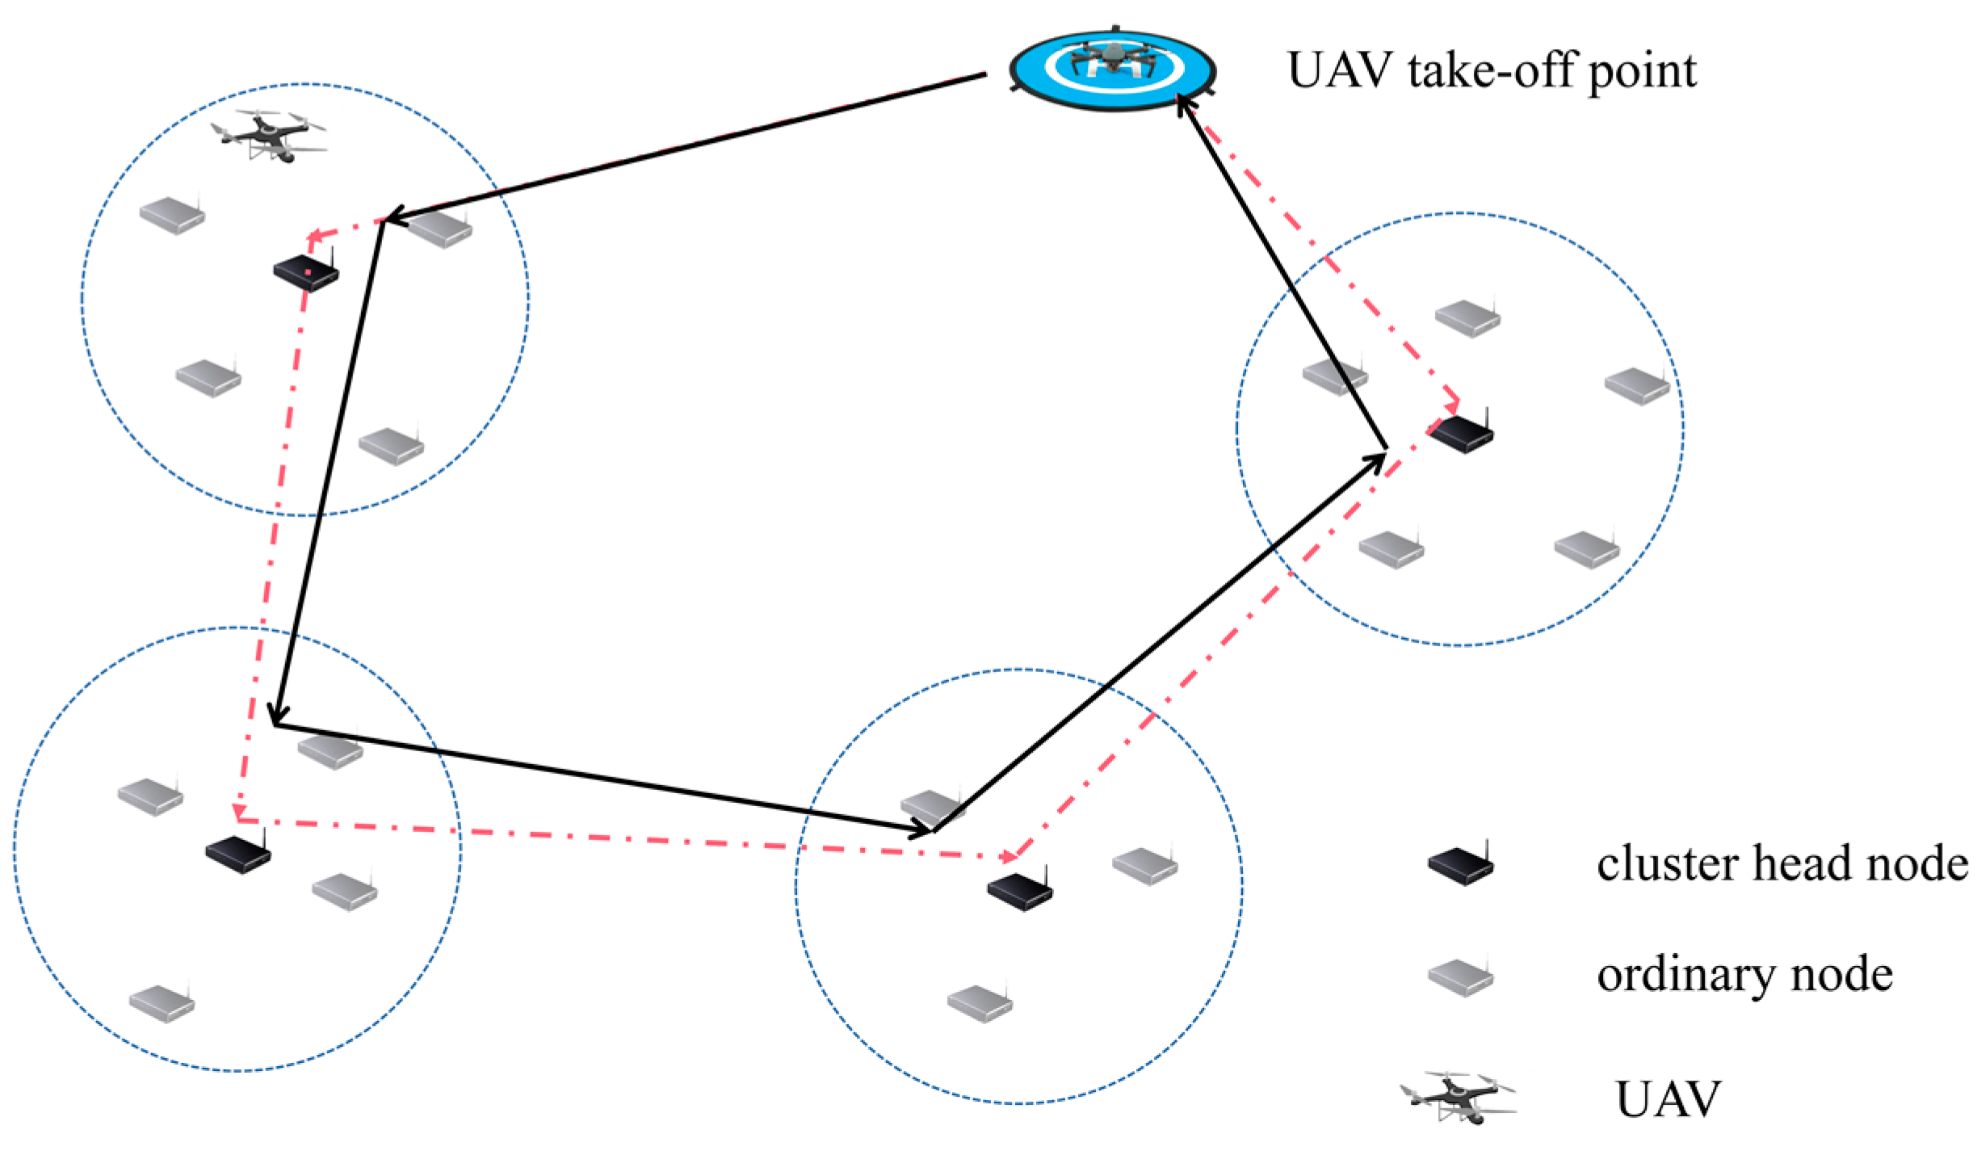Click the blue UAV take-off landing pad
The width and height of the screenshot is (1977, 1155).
point(1112,69)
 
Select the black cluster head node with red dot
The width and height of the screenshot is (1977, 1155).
point(305,271)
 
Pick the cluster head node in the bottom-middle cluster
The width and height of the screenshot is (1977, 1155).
point(1019,891)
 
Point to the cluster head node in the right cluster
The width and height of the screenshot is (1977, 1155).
point(1462,433)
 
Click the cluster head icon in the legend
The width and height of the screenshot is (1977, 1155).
point(1460,865)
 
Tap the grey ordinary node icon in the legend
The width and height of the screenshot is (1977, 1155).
point(1460,976)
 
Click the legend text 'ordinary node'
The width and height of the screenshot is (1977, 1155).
point(1744,975)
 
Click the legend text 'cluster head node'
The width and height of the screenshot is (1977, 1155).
point(1782,863)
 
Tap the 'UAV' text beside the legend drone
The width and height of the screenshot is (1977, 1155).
point(1668,1099)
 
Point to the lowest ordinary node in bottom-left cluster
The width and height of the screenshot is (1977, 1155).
point(162,1003)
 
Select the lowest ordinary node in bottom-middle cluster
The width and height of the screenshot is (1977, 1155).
point(980,1003)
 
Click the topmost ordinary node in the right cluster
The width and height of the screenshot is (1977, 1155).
point(1467,317)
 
